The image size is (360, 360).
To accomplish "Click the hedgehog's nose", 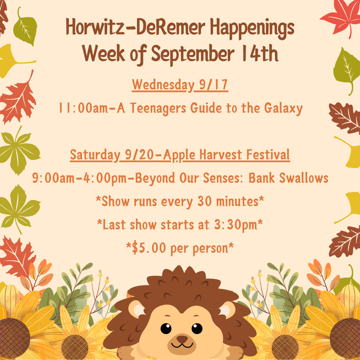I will [182, 339].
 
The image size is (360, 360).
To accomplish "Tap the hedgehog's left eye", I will [166, 328].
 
